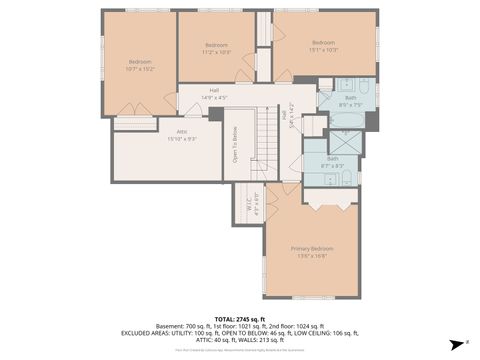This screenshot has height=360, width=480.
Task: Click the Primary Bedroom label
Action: pyautogui.click(x=312, y=248)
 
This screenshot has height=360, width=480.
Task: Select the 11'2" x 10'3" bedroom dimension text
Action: pyautogui.click(x=217, y=52)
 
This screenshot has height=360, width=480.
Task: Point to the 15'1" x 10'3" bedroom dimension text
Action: pyautogui.click(x=323, y=50)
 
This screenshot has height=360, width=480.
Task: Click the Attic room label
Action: pyautogui.click(x=181, y=131)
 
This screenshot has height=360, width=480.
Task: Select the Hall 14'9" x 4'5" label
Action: pyautogui.click(x=214, y=90)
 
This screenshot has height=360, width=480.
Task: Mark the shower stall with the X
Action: pyautogui.click(x=346, y=141)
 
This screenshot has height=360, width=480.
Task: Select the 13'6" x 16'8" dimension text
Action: pyautogui.click(x=312, y=256)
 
